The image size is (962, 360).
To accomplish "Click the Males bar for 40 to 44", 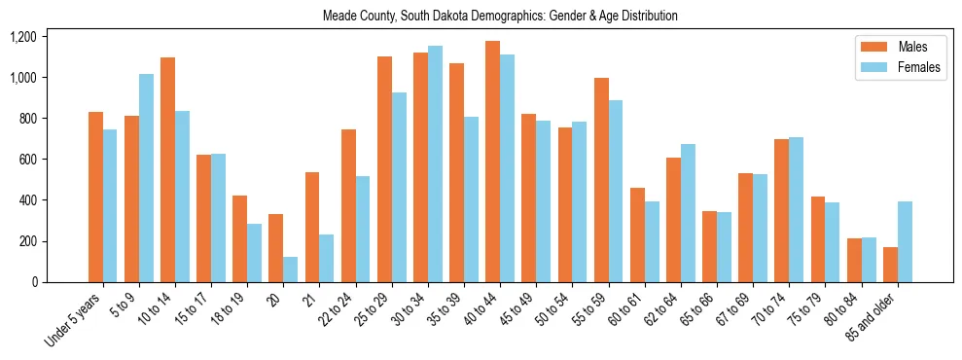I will (x=492, y=162).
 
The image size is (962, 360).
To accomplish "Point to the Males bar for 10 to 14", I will (x=167, y=169).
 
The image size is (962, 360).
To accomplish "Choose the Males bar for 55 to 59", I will (x=601, y=180).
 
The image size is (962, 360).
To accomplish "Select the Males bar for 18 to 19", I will (x=239, y=238).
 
